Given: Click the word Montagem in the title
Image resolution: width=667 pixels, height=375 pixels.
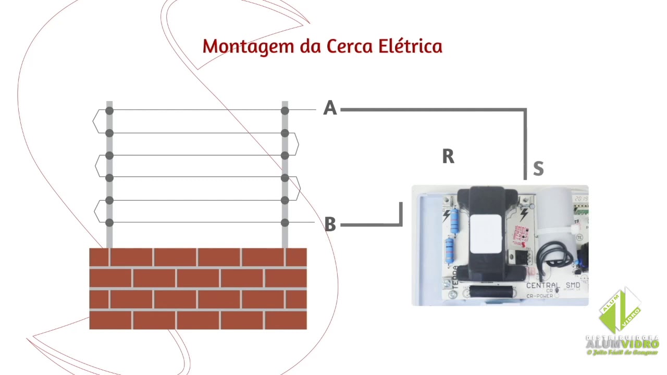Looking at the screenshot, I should tap(249, 47).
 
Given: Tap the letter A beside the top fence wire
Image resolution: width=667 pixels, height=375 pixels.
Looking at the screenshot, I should tap(330, 108).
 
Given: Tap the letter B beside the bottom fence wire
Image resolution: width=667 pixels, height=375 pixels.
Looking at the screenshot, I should tap(330, 224).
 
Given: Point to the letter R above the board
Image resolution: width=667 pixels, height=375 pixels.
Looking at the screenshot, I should tap(448, 156).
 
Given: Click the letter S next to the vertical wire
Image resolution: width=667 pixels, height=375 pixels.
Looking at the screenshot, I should tap(538, 169).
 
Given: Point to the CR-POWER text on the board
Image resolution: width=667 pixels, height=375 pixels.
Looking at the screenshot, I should tap(539, 296).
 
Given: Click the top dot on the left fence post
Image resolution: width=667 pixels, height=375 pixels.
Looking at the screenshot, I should tap(109, 111).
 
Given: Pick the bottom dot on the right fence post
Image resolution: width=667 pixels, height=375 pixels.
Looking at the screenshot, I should tap(285, 223).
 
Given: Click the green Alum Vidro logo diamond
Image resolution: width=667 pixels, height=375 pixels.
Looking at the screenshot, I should tap(621, 311).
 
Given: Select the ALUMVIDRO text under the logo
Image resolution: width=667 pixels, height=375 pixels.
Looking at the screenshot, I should tap(622, 344).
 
